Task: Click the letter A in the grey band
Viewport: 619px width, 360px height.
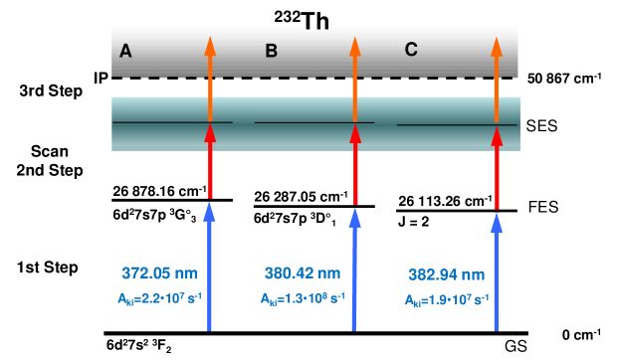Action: click(125, 52)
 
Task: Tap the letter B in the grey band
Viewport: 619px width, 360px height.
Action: click(271, 51)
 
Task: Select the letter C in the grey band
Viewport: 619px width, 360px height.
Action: click(411, 50)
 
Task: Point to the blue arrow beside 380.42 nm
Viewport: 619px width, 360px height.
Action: click(354, 269)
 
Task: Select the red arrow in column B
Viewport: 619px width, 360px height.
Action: click(355, 164)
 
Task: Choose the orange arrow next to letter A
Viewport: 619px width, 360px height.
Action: click(210, 80)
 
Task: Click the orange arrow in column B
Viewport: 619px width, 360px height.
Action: click(355, 80)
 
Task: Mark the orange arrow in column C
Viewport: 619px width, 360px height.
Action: click(497, 80)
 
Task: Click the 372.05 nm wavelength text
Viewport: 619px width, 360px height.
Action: click(159, 273)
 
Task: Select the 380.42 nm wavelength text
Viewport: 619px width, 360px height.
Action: click(303, 273)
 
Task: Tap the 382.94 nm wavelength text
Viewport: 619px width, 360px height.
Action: click(447, 275)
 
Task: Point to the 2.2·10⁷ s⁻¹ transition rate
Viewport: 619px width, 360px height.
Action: click(159, 297)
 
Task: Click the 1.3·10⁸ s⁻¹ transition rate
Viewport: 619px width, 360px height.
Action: click(303, 298)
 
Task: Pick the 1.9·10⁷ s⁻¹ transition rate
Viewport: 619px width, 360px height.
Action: click(447, 299)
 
